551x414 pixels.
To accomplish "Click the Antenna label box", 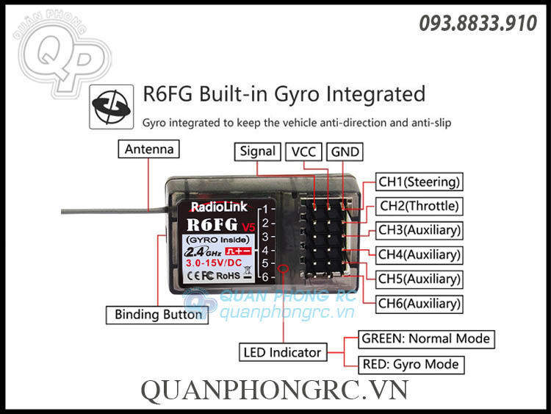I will pyautogui.click(x=149, y=149).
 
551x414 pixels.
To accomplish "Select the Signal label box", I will pyautogui.click(x=257, y=151).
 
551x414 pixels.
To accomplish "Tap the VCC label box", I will pyautogui.click(x=303, y=151).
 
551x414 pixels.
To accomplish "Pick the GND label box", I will pyautogui.click(x=345, y=151).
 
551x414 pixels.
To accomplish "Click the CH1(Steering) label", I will pyautogui.click(x=419, y=182).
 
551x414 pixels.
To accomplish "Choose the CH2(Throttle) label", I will pyautogui.click(x=419, y=206).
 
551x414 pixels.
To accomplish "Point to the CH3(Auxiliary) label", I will pyautogui.click(x=419, y=230).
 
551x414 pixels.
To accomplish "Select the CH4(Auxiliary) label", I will pyautogui.click(x=419, y=255).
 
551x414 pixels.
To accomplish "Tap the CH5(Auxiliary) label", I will pyautogui.click(x=419, y=279).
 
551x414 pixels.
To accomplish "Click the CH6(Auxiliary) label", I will pyautogui.click(x=419, y=303).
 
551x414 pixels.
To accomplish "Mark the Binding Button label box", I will pyautogui.click(x=158, y=315).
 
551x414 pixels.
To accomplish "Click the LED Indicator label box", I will pyautogui.click(x=282, y=352).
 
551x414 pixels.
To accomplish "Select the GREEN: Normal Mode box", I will pyautogui.click(x=425, y=340).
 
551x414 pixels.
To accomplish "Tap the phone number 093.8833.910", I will pyautogui.click(x=478, y=24).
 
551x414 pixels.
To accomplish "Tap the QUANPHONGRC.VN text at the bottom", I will pyautogui.click(x=275, y=390).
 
